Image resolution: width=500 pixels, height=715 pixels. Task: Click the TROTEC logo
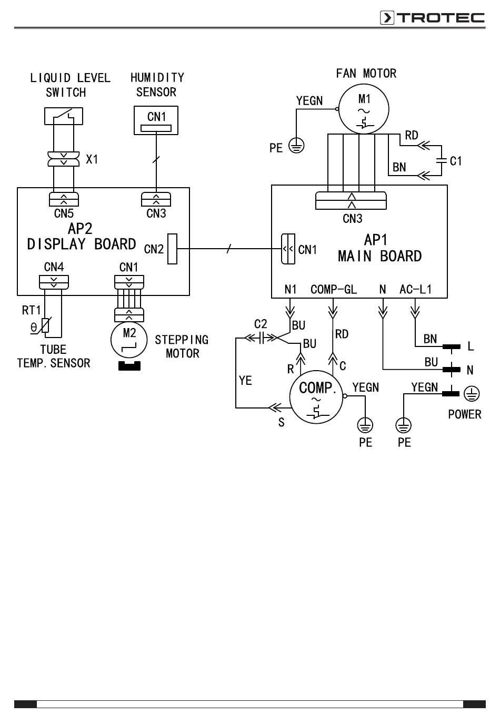pos(432,18)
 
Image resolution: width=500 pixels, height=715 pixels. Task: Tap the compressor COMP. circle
pos(316,397)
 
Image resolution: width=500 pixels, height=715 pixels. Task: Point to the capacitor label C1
pos(456,161)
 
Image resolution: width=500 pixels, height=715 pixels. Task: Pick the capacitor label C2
pos(261,324)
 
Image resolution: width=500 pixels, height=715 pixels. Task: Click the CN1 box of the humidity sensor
pos(156,120)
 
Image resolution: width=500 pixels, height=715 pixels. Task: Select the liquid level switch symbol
pos(64,116)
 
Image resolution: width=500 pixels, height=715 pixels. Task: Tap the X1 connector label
pos(92,159)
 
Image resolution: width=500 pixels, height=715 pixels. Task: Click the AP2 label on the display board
pos(80,229)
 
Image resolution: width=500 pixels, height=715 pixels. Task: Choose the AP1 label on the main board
pos(376,240)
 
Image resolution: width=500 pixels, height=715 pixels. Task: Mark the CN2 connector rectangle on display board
pos(172,249)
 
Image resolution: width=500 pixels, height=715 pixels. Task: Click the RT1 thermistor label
pos(32,310)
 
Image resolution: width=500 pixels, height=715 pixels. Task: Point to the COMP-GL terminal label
pos(334,290)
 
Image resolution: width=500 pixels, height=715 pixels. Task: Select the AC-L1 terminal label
pos(415,290)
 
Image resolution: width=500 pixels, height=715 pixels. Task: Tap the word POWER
pos(464,414)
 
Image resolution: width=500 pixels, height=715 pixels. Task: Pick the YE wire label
pos(245,381)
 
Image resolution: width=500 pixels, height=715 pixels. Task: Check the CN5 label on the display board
pos(64,213)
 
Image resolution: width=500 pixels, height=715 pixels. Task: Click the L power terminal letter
pos(471,346)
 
